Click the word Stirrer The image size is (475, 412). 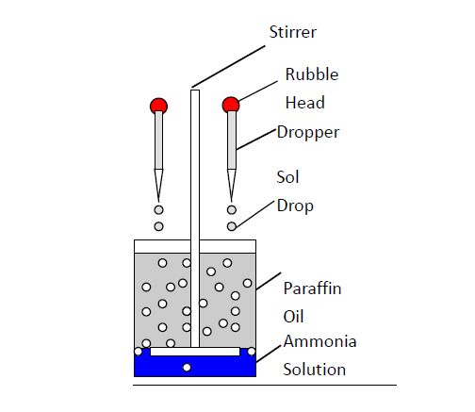(293, 32)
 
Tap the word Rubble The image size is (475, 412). (312, 74)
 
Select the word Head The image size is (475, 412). (305, 103)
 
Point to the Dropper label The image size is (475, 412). (308, 133)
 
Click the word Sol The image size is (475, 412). (287, 177)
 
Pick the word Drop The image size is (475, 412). (295, 206)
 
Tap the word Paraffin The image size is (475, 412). (312, 288)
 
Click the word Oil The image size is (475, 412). (293, 317)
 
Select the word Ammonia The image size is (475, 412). (319, 341)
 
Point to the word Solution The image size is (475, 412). (315, 370)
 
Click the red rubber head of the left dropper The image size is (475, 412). (158, 106)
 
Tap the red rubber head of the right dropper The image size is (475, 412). (231, 105)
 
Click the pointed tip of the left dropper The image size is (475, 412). (158, 202)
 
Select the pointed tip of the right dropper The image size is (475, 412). (232, 202)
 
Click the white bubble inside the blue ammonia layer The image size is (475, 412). (187, 368)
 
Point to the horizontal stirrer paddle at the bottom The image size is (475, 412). (195, 352)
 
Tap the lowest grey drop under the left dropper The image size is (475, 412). (158, 226)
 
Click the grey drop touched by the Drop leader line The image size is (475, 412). (232, 226)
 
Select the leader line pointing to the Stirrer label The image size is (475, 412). (228, 67)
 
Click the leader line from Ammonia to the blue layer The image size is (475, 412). (269, 354)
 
